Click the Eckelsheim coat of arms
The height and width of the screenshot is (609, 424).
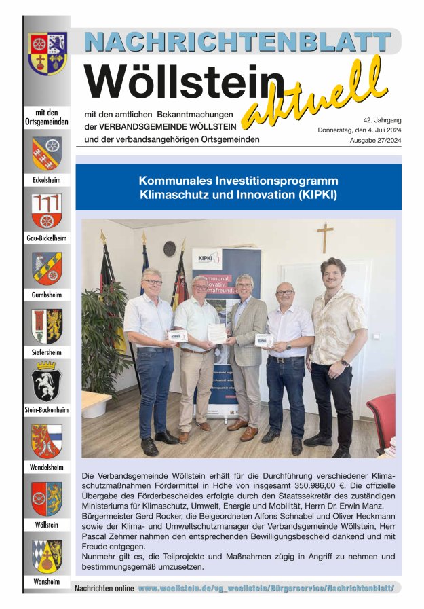(x=46, y=153)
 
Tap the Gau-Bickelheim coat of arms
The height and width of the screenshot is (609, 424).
(x=46, y=210)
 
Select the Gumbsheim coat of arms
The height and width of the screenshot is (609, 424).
(x=46, y=268)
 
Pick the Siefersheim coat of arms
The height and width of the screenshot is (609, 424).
(x=46, y=325)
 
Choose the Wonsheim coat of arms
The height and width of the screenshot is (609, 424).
(x=46, y=555)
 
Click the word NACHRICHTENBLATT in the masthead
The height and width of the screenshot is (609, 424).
(x=238, y=41)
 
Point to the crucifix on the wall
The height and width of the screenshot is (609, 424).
(x=325, y=236)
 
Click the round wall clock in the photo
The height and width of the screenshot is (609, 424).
(x=170, y=248)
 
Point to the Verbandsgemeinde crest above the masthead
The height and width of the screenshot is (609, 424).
(x=47, y=52)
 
